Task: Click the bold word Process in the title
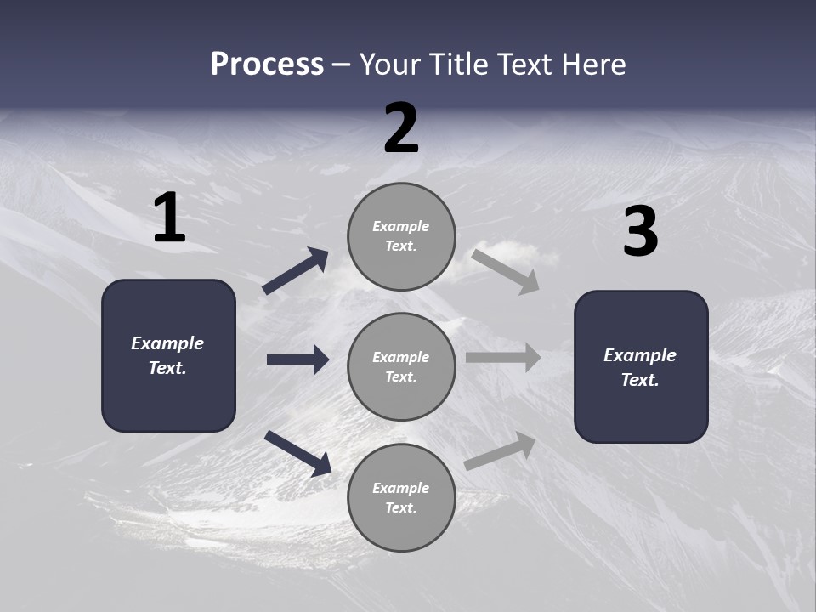click(267, 65)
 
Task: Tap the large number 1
click(169, 218)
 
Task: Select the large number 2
click(401, 128)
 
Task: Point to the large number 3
click(640, 232)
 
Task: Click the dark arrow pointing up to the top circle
click(296, 271)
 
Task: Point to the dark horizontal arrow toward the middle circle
click(297, 360)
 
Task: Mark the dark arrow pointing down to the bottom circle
click(297, 452)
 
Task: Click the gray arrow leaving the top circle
click(506, 271)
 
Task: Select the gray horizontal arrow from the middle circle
click(503, 358)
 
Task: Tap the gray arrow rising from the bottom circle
click(501, 451)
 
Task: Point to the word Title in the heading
click(459, 65)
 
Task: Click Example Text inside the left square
click(167, 355)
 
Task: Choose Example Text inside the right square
click(640, 367)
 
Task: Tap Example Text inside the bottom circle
click(401, 498)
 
